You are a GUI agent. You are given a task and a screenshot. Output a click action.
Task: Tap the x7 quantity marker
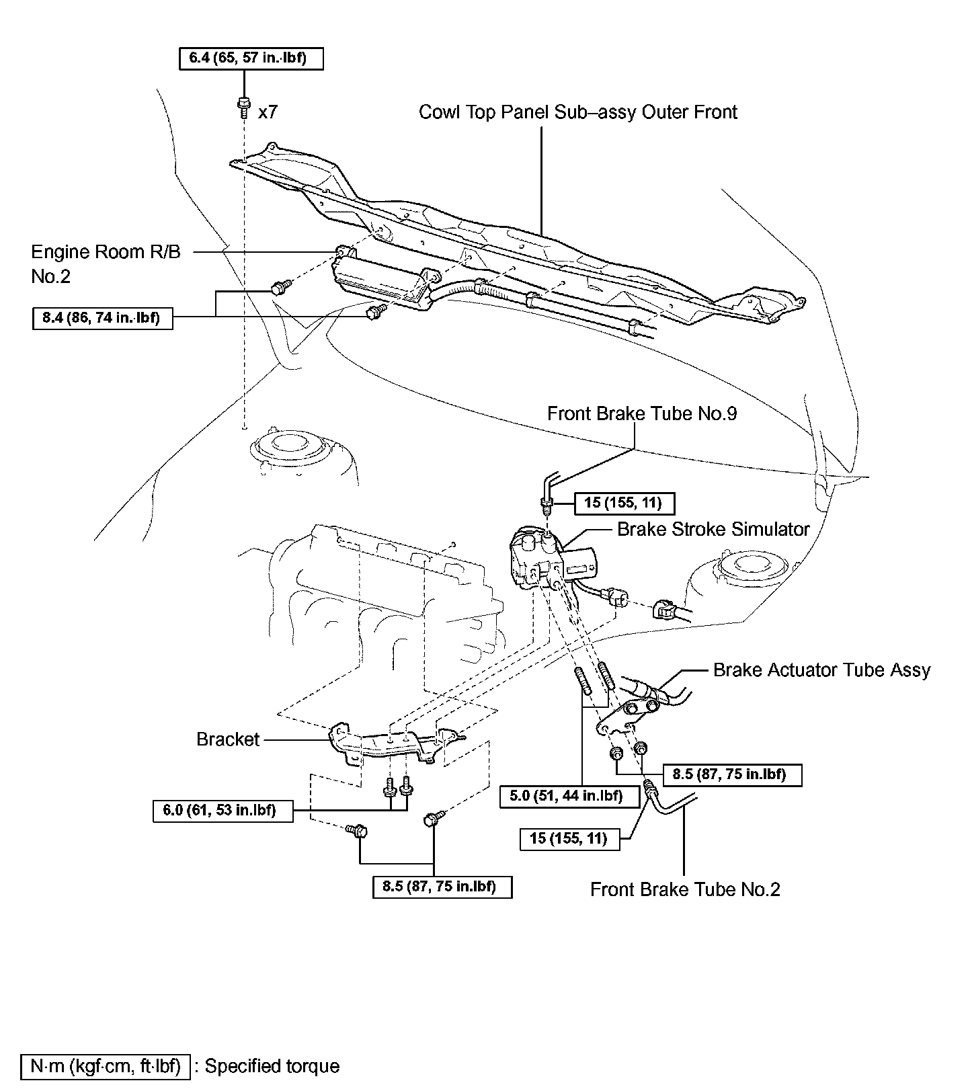pyautogui.click(x=268, y=112)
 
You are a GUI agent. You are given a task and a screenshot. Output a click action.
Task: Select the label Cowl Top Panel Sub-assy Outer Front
pyautogui.click(x=577, y=112)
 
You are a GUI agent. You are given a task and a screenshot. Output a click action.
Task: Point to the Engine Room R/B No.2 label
pyautogui.click(x=106, y=264)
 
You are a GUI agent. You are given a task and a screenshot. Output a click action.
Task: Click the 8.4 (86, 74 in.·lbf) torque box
pyautogui.click(x=102, y=317)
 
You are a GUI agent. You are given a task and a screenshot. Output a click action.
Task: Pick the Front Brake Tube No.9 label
pyautogui.click(x=641, y=413)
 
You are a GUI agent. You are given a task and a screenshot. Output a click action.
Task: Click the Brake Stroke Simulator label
pyautogui.click(x=713, y=529)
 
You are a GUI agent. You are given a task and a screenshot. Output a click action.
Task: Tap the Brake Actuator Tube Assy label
pyautogui.click(x=821, y=670)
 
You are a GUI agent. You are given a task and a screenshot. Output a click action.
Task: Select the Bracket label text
pyautogui.click(x=228, y=739)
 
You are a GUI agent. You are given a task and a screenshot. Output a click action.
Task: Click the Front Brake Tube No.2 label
pyautogui.click(x=685, y=889)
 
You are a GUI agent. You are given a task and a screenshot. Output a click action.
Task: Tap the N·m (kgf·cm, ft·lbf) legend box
pyautogui.click(x=106, y=1066)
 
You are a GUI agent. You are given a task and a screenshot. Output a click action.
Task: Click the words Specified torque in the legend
pyautogui.click(x=272, y=1066)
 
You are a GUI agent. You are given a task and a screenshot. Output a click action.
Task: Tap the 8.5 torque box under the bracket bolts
pyautogui.click(x=442, y=886)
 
